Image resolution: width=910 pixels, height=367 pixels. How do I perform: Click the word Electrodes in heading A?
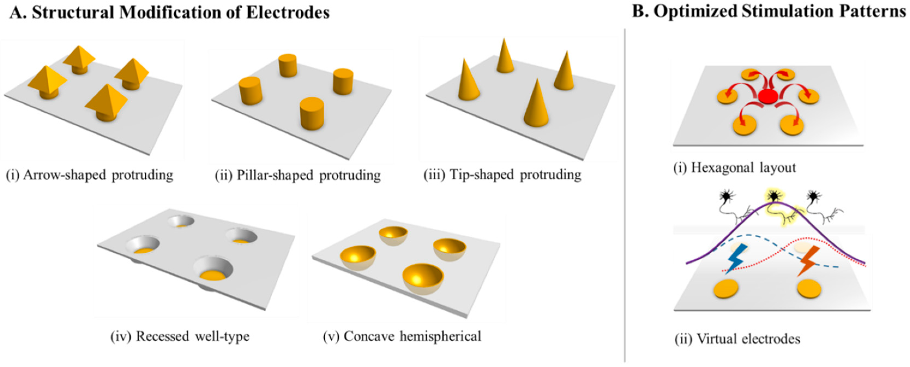pyautogui.click(x=288, y=13)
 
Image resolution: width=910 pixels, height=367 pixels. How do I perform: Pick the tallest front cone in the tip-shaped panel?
pyautogui.click(x=536, y=104)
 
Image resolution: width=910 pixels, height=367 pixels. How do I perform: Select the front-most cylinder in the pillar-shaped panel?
pyautogui.click(x=312, y=113)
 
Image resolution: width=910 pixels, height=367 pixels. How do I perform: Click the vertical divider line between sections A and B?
pyautogui.click(x=624, y=195)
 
